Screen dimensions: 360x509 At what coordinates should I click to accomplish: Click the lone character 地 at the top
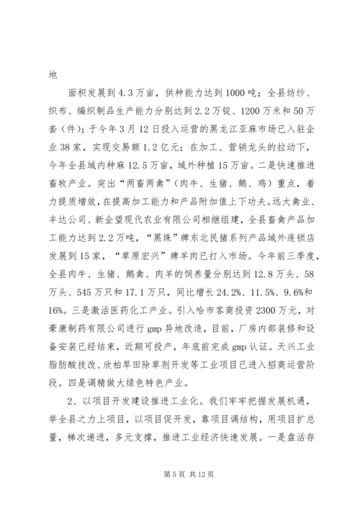(51, 73)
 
